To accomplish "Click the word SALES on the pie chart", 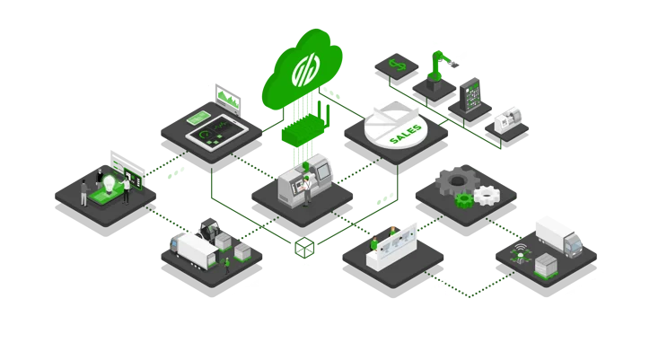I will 406,135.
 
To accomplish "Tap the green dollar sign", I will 395,65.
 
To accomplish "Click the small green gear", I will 463,198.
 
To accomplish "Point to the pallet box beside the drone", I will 545,264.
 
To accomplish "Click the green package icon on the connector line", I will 306,243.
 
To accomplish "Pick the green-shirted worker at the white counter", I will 373,242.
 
